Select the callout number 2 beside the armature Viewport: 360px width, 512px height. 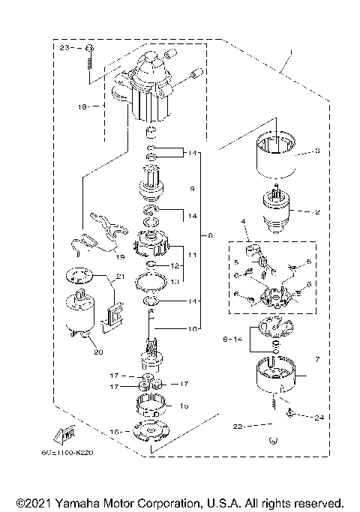pyautogui.click(x=317, y=212)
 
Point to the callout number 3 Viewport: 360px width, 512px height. pyautogui.click(x=317, y=151)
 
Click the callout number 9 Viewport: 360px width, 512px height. pyautogui.click(x=192, y=189)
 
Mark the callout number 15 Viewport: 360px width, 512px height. pyautogui.click(x=184, y=406)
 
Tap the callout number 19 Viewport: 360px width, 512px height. pyautogui.click(x=120, y=256)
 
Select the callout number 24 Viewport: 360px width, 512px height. pyautogui.click(x=319, y=418)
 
